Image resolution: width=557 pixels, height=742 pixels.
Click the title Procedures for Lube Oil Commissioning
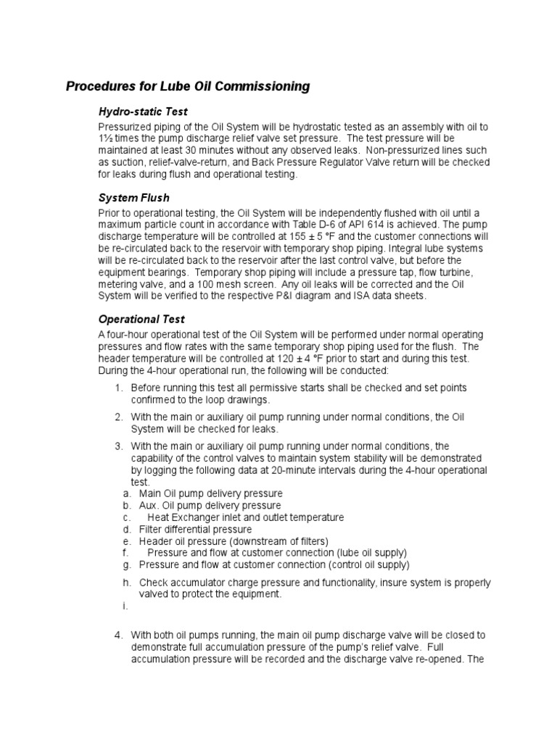188,87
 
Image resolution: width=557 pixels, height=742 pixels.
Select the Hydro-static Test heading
143,112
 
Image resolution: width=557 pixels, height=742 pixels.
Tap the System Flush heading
133,198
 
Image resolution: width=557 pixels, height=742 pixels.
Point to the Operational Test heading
141,319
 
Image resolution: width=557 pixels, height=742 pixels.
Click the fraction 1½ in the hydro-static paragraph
104,138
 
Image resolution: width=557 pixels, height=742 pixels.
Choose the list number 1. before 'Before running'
119,388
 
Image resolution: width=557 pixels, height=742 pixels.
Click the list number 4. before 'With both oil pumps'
119,635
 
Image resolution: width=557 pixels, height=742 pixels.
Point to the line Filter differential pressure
196,529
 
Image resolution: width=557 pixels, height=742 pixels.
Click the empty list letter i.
125,606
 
